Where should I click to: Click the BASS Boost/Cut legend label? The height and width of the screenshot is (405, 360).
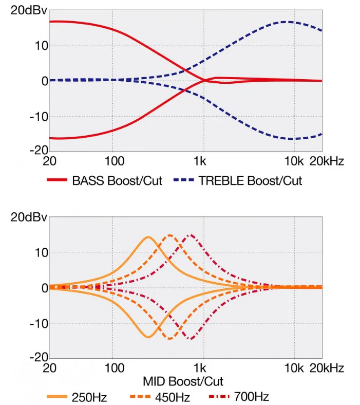117,180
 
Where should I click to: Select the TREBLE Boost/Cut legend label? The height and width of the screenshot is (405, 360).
250,180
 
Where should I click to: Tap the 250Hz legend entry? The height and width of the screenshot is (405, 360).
89,397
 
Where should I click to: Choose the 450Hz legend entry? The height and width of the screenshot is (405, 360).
173,397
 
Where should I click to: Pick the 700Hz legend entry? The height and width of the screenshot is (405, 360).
251,397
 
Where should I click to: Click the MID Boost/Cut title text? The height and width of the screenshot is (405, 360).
183,381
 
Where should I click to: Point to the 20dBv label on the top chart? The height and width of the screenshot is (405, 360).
29,11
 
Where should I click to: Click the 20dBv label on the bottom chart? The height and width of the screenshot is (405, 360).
29,217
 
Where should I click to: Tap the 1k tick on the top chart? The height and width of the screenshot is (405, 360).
200,161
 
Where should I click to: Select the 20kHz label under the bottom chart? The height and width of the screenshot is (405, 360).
327,368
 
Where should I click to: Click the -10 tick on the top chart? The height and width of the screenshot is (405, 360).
39,117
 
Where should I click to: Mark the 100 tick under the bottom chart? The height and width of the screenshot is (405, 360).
115,368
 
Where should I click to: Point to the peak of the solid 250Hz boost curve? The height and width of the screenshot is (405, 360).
148,237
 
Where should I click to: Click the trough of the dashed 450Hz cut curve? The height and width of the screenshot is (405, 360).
170,339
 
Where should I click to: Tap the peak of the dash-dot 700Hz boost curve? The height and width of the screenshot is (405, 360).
191,235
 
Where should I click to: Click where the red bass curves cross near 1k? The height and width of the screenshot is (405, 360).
205,80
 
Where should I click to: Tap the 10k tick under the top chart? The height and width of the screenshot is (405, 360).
294,161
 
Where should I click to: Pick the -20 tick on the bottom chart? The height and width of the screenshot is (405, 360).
39,357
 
